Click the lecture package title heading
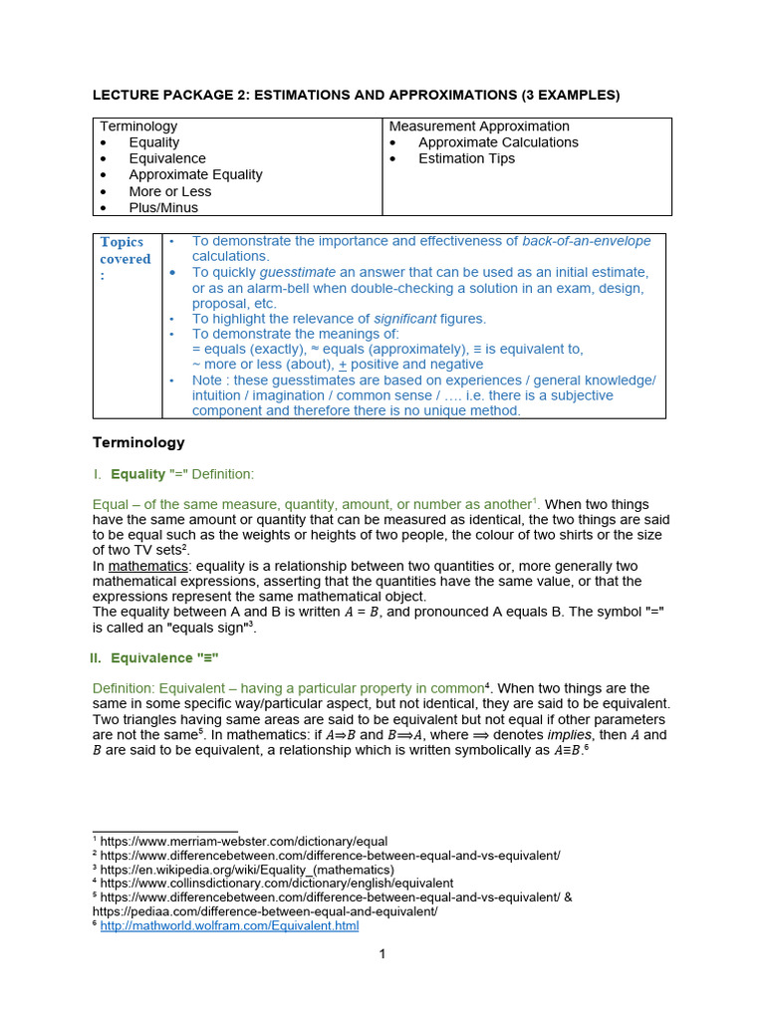click(356, 95)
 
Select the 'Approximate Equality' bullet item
click(195, 174)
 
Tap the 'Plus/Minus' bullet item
click(163, 207)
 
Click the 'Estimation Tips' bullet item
click(466, 158)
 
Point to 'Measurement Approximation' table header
click(479, 127)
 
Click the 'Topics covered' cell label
click(126, 258)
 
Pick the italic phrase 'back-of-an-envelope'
click(587, 241)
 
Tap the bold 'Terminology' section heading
click(138, 442)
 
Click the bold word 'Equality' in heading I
click(137, 474)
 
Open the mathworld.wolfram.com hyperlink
click(229, 925)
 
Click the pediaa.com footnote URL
click(265, 911)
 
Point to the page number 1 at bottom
click(382, 953)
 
